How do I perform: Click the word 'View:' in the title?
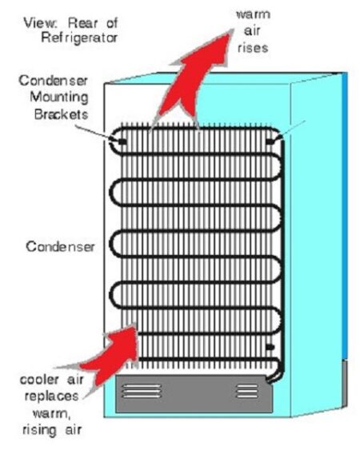coord(40,23)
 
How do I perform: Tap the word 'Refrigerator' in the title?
coord(79,38)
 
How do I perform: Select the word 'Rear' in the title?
coord(84,23)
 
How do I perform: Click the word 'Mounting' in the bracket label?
coord(59,98)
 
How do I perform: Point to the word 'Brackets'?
coord(61,114)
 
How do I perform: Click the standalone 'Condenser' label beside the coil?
coord(61,247)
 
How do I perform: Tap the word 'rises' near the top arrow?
coord(253,48)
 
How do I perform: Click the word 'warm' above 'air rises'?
coord(254,14)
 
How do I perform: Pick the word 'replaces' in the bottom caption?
coord(51,396)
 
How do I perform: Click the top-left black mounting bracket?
coord(122,141)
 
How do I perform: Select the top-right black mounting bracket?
coord(270,141)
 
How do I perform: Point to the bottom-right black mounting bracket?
coord(270,347)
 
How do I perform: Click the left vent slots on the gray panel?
coord(142,391)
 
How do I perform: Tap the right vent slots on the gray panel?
coord(247,391)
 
